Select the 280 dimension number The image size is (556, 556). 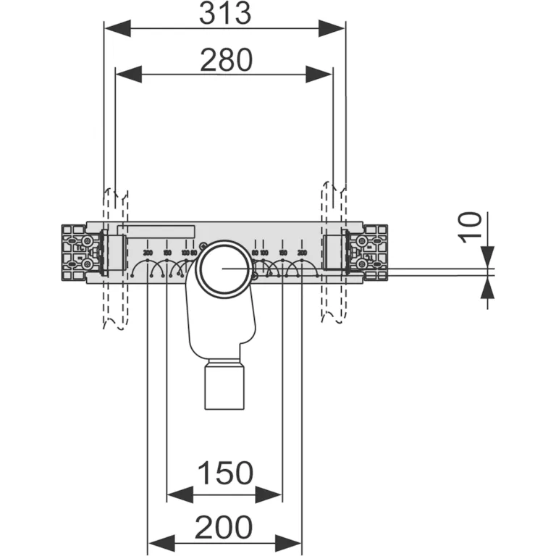[x=226, y=60]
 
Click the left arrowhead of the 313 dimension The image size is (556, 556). [x=118, y=28]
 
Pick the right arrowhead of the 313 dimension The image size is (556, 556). [x=332, y=28]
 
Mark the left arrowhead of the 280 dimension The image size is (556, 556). [x=128, y=74]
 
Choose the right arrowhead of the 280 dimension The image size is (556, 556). [x=320, y=74]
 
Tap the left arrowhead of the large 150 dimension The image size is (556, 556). [x=180, y=494]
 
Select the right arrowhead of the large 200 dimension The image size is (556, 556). [x=289, y=542]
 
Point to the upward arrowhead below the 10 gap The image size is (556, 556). [x=487, y=287]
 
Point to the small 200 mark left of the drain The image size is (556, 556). [x=148, y=252]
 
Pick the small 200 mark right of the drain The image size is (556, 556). [x=301, y=252]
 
